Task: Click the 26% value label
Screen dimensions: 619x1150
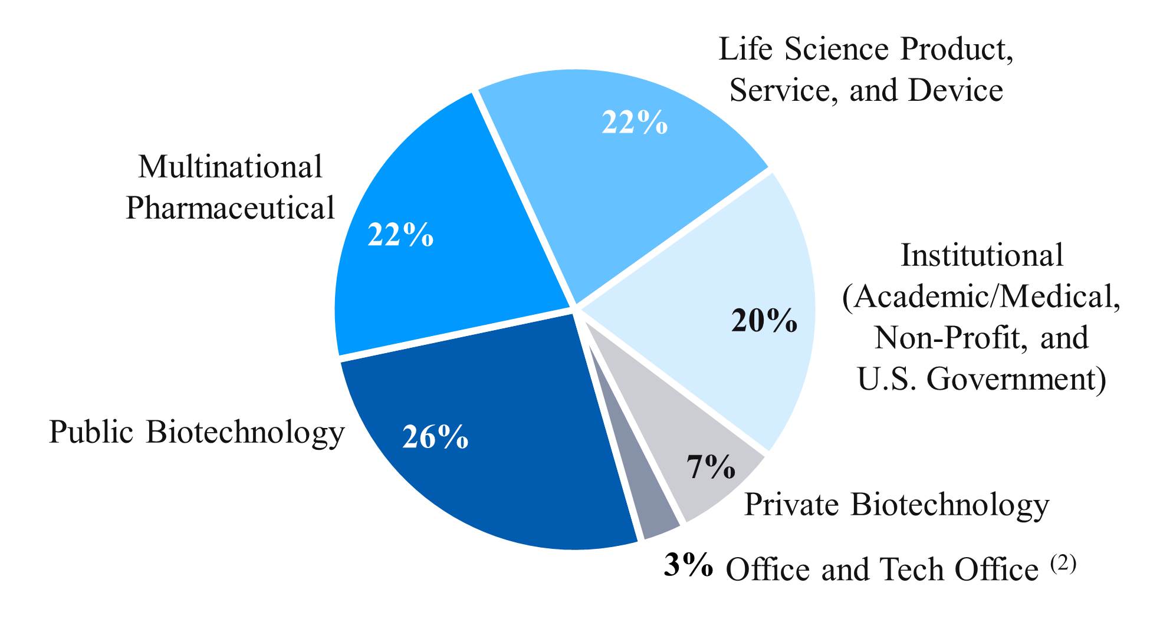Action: [x=435, y=437]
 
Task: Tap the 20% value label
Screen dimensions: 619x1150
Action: [x=764, y=322]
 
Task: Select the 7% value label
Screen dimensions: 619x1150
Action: [x=711, y=467]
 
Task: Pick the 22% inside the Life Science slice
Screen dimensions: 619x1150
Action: [x=635, y=123]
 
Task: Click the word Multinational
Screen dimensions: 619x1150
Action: [x=230, y=167]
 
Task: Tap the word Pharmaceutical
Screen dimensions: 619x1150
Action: [x=230, y=208]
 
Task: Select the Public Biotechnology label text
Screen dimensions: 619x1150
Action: [x=196, y=432]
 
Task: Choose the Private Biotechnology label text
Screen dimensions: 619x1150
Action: [x=896, y=505]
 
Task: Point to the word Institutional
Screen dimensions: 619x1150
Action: [x=982, y=255]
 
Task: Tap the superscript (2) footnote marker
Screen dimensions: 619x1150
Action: [x=1063, y=564]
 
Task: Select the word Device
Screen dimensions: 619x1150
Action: [x=955, y=90]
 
